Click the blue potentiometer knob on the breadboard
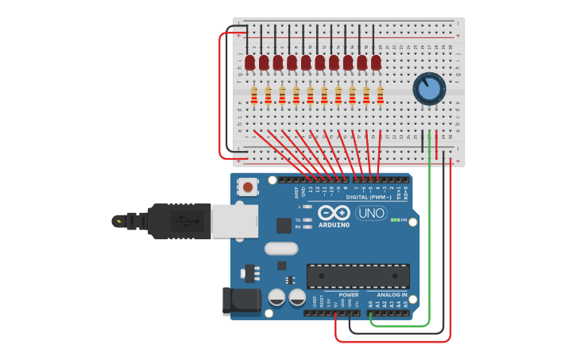tap(429, 89)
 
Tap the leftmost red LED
tap(249, 62)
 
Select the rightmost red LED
tap(376, 62)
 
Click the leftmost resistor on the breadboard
tap(254, 95)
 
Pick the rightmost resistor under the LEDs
tap(381, 95)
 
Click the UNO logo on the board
tap(370, 212)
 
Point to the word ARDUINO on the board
tap(334, 225)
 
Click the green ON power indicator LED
tap(395, 219)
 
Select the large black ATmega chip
tap(358, 276)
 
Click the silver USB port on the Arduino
tap(234, 220)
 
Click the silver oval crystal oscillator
tap(280, 249)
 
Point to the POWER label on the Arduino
tap(348, 295)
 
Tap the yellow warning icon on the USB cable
tap(118, 221)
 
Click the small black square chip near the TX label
tap(283, 225)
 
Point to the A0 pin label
tap(369, 304)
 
